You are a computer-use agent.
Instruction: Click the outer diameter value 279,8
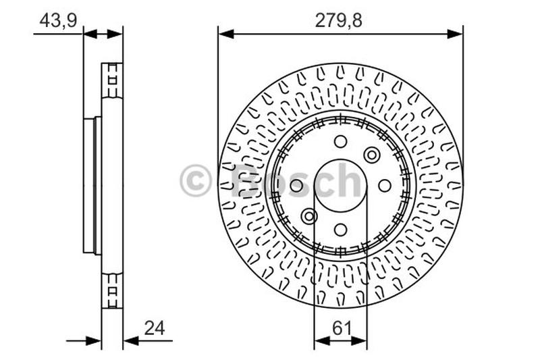point(340,20)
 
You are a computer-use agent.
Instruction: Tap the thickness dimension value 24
point(154,328)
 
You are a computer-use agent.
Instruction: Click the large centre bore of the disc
point(340,185)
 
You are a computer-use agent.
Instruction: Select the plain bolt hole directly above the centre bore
point(340,141)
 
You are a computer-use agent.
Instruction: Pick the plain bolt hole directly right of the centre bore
point(384,185)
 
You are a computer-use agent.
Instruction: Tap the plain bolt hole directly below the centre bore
point(340,230)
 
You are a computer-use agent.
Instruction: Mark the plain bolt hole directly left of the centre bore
point(296,185)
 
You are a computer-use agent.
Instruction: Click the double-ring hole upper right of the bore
point(371,155)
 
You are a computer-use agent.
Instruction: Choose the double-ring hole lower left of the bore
point(309,216)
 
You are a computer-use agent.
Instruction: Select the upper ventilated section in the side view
point(112,82)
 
